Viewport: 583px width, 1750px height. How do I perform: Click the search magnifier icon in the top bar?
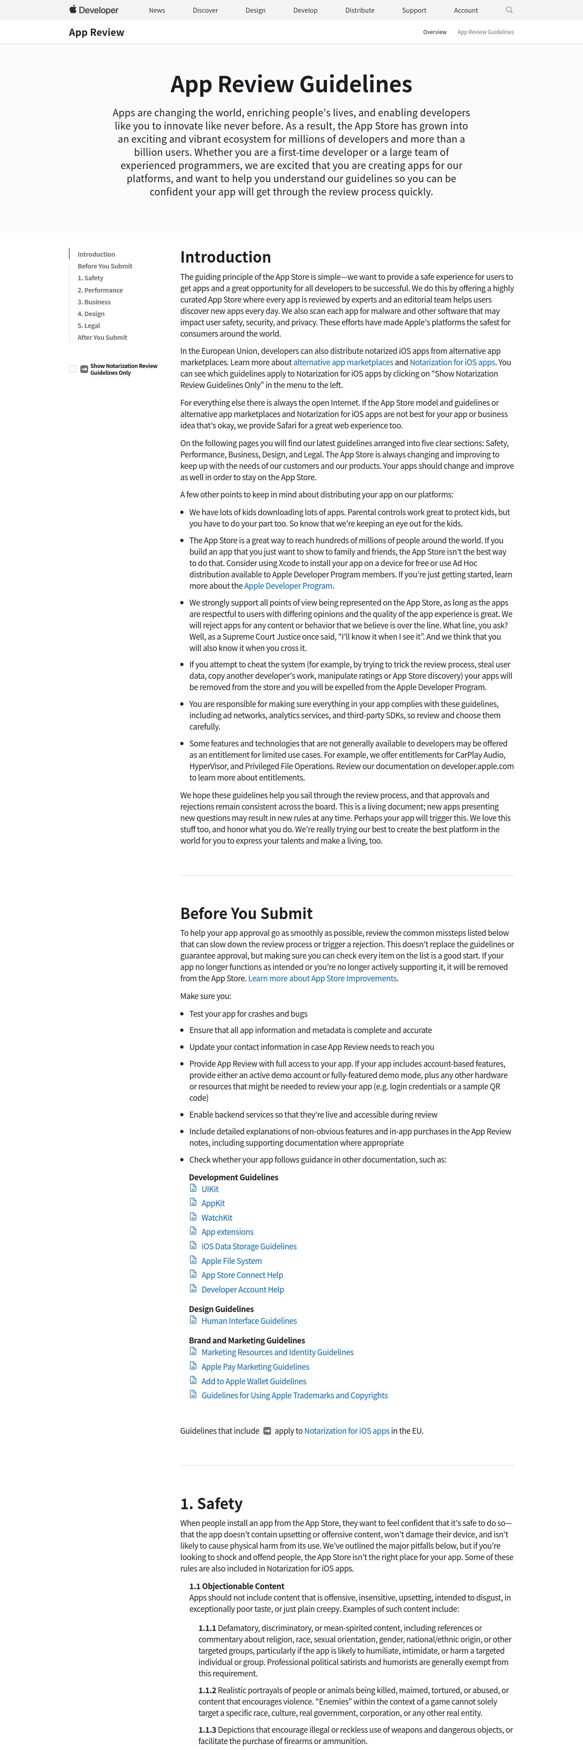click(x=509, y=10)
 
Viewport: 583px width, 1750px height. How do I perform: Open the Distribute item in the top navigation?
click(x=360, y=10)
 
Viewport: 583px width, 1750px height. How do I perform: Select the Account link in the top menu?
click(x=465, y=10)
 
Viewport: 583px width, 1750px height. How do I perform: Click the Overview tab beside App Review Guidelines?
click(x=435, y=32)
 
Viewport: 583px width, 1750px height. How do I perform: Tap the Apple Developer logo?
click(x=94, y=10)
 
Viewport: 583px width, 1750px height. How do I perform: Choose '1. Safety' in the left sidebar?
click(x=90, y=278)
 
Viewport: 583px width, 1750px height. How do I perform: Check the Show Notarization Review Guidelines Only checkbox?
click(x=73, y=369)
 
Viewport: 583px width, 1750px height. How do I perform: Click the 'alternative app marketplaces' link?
click(x=343, y=362)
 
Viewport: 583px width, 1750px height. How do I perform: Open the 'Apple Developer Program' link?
click(x=288, y=586)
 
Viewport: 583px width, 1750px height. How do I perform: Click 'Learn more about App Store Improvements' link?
click(x=322, y=978)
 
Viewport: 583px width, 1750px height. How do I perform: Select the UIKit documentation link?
click(x=210, y=1189)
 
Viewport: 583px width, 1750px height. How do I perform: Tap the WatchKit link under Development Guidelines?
click(x=217, y=1218)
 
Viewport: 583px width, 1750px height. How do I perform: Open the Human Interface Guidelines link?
click(x=248, y=1321)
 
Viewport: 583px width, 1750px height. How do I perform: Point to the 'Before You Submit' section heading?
click(x=247, y=913)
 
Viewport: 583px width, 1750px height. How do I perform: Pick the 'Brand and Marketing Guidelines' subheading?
click(x=247, y=1340)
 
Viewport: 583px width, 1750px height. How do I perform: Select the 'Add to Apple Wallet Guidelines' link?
click(x=253, y=1381)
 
